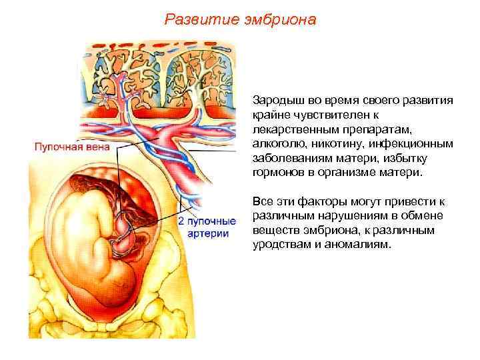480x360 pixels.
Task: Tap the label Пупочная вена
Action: [63, 145]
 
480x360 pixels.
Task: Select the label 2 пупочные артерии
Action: [207, 227]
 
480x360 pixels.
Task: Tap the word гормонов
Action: [277, 173]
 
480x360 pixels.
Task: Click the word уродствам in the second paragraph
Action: [281, 245]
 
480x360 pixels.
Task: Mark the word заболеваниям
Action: [288, 158]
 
